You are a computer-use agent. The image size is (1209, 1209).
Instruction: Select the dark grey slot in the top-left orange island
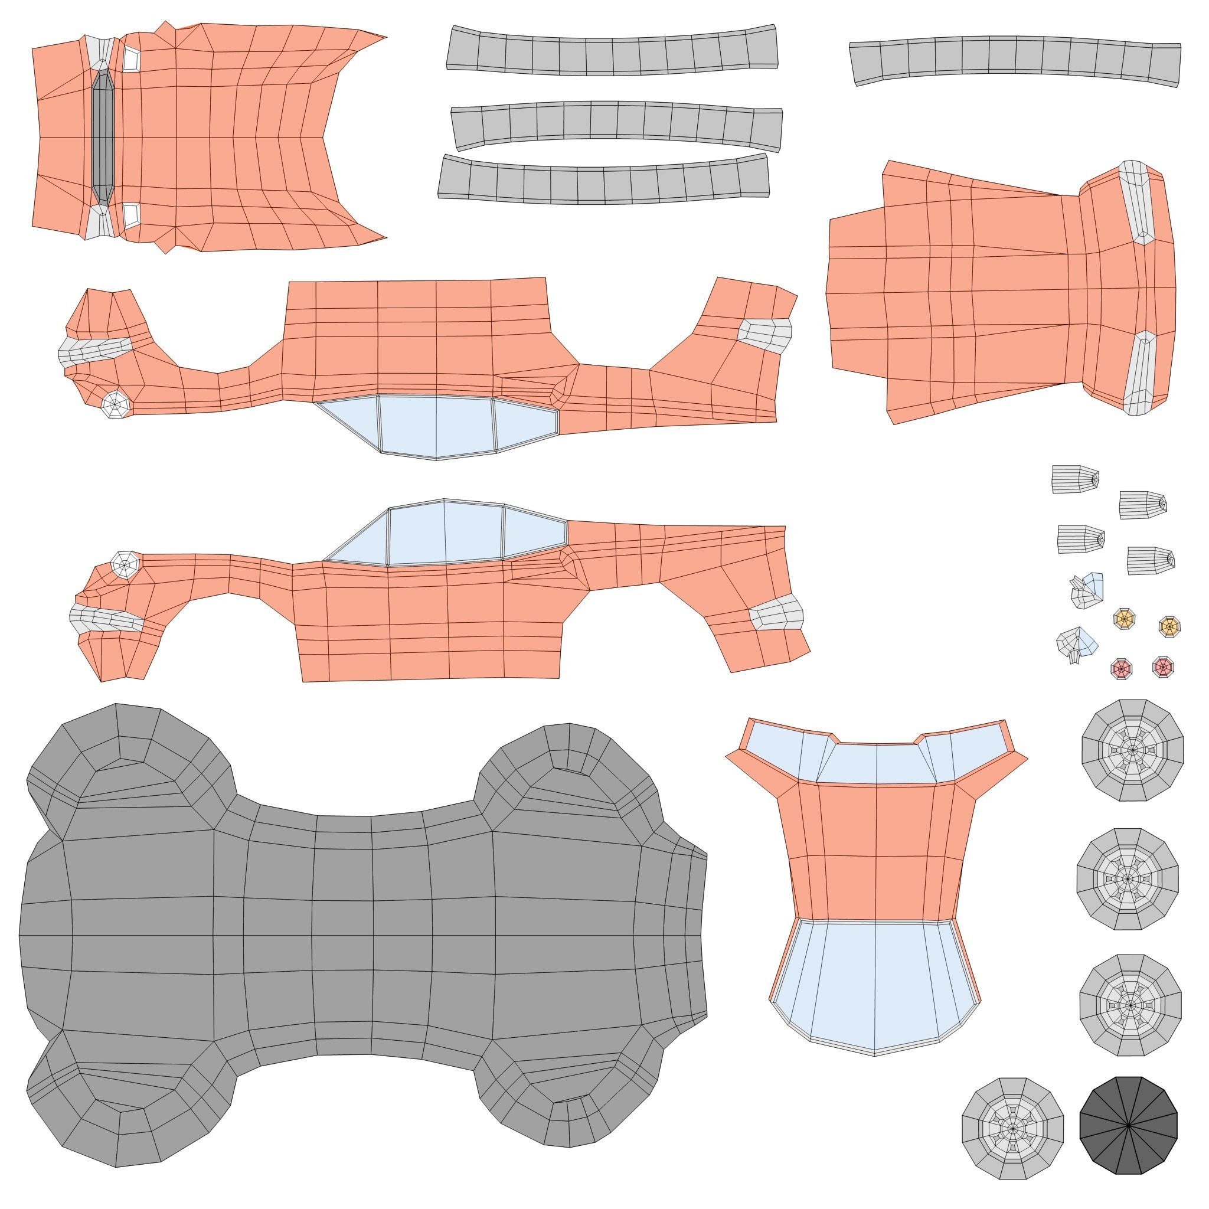coord(102,136)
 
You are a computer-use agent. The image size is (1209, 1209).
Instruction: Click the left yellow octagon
coord(1124,619)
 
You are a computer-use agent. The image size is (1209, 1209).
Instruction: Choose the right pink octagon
coord(1163,666)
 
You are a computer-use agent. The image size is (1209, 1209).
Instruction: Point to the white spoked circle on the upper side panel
coord(116,404)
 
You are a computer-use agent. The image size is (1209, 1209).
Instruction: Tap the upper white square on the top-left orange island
coord(131,59)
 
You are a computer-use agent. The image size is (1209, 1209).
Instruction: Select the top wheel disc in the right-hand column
coord(1132,750)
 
